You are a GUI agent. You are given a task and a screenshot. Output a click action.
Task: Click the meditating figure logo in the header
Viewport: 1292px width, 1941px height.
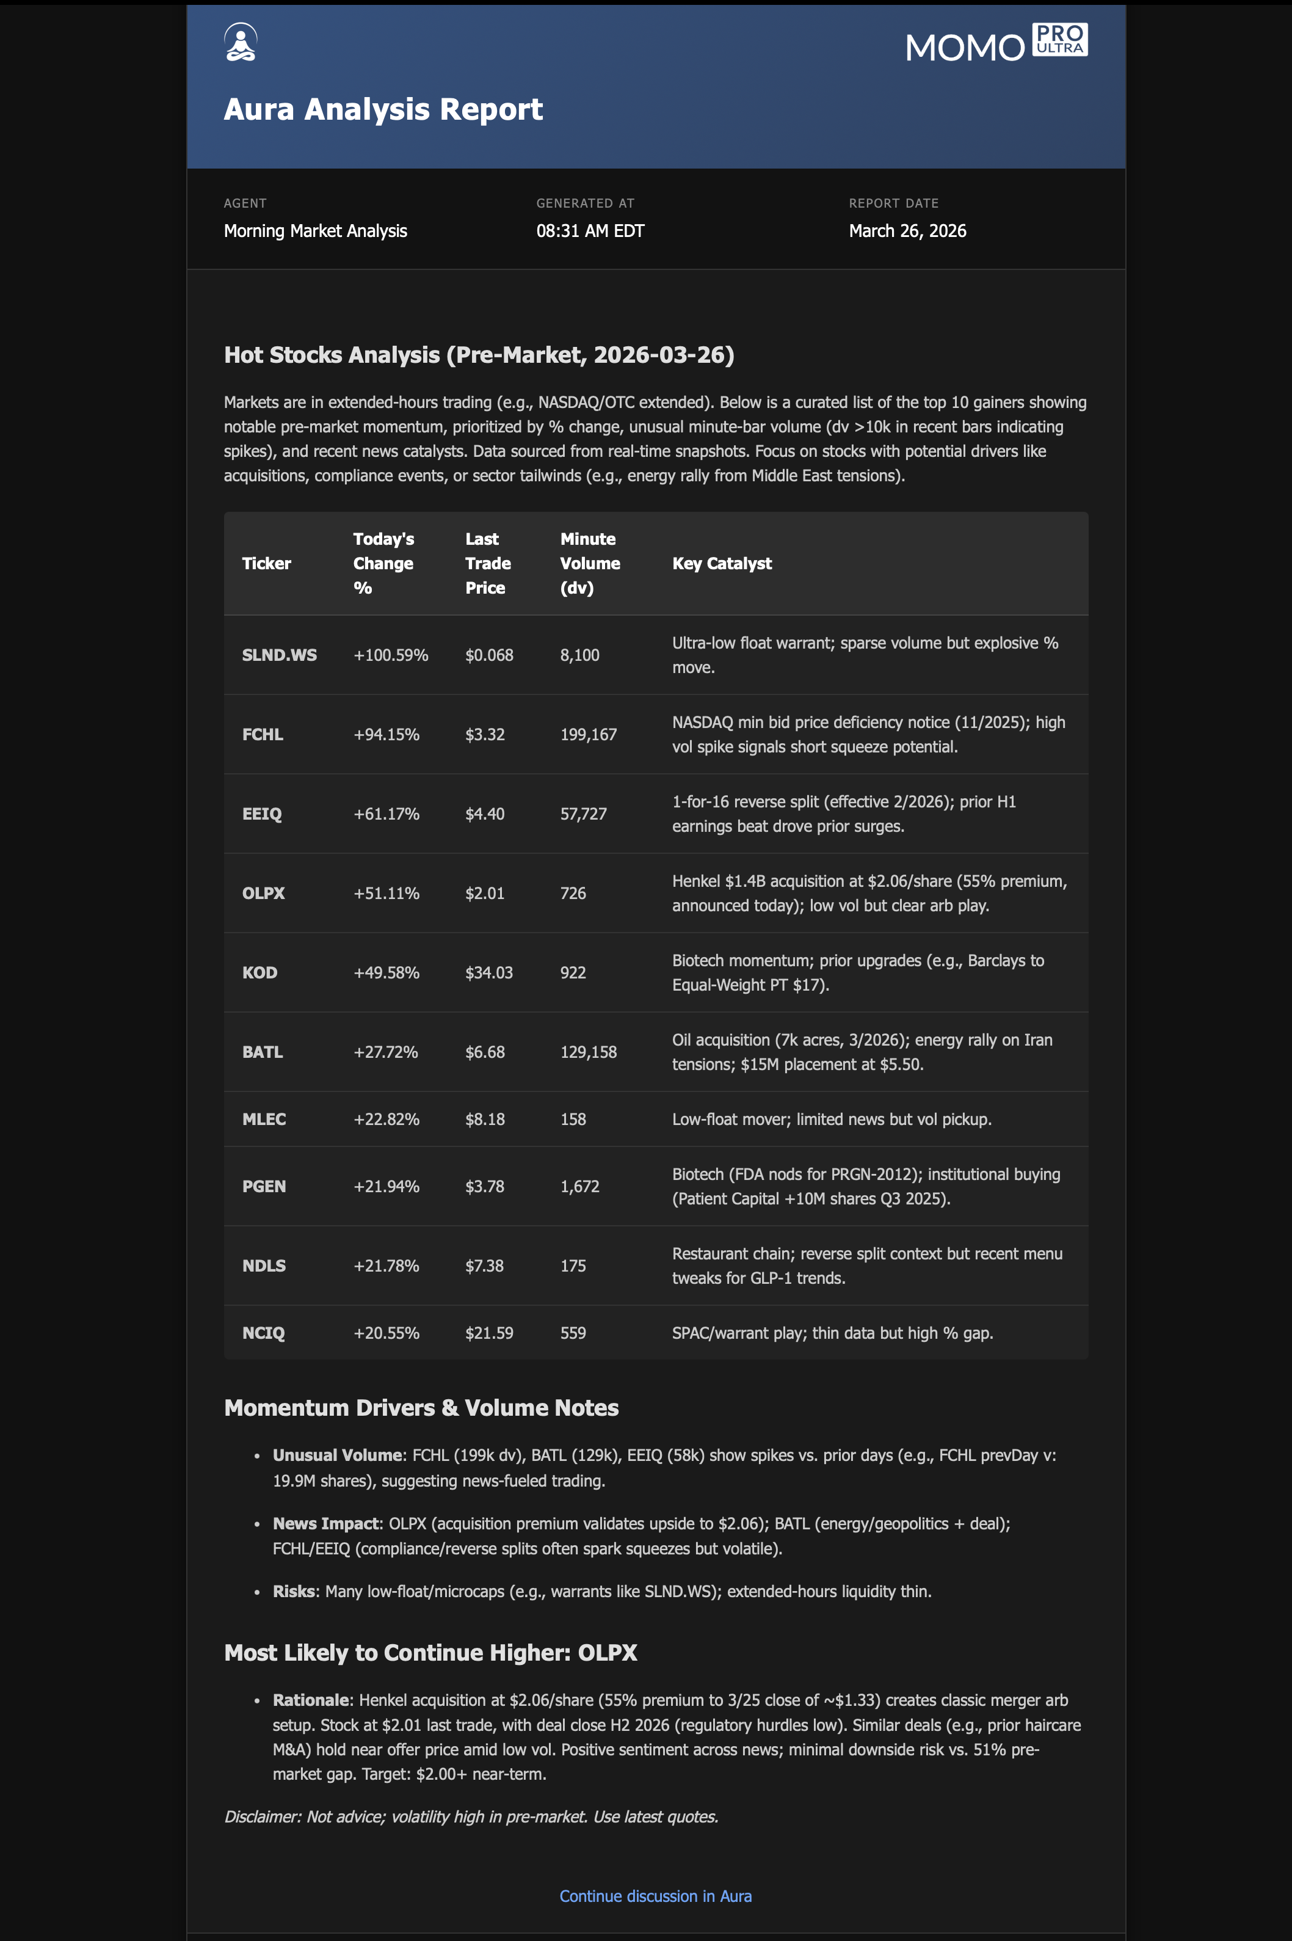click(x=241, y=42)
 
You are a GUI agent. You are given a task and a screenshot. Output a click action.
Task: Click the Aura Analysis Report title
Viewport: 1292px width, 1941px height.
click(x=383, y=109)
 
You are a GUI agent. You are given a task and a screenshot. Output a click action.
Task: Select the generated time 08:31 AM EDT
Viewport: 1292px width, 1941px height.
click(x=590, y=231)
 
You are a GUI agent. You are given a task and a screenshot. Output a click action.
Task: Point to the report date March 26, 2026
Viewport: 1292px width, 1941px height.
click(x=907, y=231)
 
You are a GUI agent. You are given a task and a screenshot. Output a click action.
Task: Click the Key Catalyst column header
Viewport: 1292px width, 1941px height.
click(x=722, y=564)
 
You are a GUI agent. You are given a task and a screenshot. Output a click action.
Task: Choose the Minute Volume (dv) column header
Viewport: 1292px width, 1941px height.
click(x=590, y=564)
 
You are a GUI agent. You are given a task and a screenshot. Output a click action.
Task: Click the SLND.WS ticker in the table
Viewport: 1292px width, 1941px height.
click(x=279, y=655)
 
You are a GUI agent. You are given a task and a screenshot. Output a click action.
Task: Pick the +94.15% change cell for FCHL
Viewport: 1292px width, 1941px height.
click(x=387, y=734)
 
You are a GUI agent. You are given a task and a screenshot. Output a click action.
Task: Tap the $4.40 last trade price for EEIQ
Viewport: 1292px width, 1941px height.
click(x=485, y=814)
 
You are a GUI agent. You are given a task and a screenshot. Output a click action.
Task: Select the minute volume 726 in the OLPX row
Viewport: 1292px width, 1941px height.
click(x=573, y=894)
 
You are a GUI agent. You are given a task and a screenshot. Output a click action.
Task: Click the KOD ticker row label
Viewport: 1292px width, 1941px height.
click(x=259, y=972)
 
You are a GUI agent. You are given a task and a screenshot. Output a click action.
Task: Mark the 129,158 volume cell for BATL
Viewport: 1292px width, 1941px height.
click(x=589, y=1052)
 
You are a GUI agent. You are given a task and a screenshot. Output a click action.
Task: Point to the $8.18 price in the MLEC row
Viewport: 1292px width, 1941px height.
click(x=485, y=1120)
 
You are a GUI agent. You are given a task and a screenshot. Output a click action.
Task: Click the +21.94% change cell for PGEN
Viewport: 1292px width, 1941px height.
click(x=387, y=1187)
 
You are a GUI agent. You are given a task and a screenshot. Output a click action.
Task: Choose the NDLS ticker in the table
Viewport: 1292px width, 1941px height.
click(x=264, y=1266)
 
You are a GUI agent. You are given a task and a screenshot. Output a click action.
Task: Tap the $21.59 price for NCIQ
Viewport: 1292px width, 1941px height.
click(x=488, y=1333)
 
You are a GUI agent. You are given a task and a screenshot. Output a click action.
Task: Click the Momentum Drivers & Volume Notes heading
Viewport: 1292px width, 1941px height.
click(x=421, y=1408)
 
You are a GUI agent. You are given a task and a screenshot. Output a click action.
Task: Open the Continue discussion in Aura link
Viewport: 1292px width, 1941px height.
click(x=655, y=1896)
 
